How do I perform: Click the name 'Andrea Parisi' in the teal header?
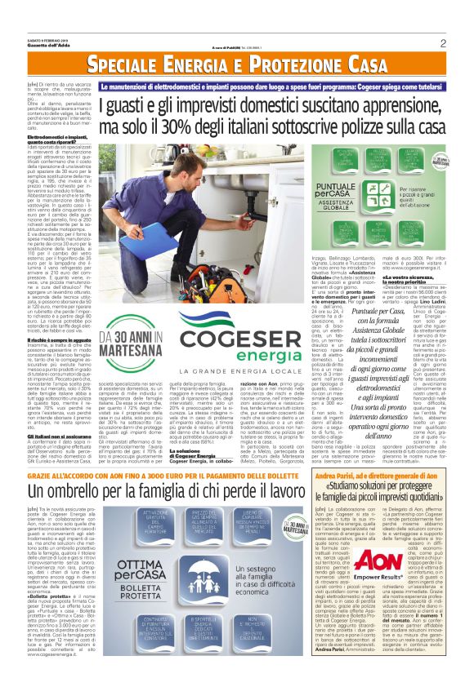coord(338,475)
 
